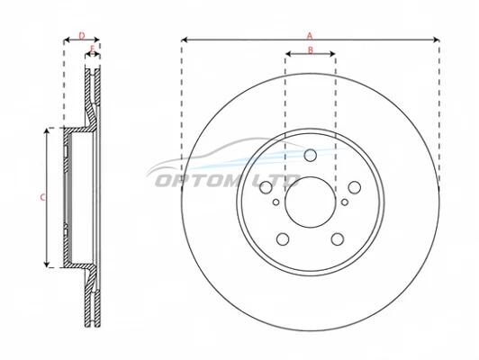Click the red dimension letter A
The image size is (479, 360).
310,36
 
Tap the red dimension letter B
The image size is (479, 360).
311,49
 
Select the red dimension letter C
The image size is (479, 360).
42,198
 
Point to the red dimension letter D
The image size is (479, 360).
82,36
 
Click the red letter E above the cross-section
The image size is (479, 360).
93,49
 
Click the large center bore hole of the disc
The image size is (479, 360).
309,202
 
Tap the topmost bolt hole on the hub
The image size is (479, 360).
310,155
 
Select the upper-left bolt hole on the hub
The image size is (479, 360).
267,187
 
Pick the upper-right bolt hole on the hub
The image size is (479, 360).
355,187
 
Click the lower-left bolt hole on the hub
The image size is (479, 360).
283,238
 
